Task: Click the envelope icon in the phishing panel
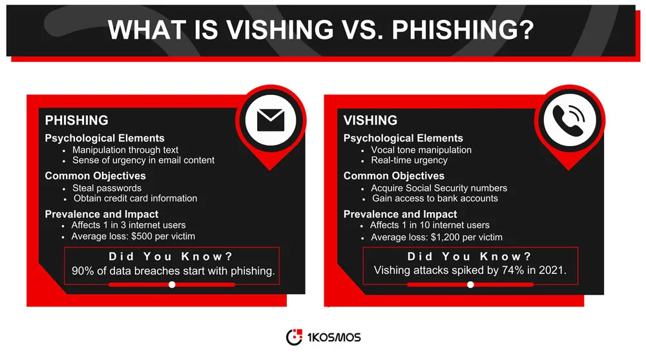tap(271, 121)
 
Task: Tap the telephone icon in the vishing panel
tap(569, 121)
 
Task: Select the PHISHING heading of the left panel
tap(76, 120)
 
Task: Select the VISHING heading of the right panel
tap(370, 120)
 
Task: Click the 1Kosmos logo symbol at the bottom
tap(294, 337)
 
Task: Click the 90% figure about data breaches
tap(83, 271)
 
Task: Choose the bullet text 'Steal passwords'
tap(107, 187)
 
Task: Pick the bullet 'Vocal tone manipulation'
tap(421, 149)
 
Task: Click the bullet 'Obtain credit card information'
tap(135, 198)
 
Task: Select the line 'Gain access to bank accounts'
tap(435, 198)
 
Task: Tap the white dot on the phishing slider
tap(172, 284)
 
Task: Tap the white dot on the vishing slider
tap(470, 284)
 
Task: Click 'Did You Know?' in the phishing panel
tap(171, 256)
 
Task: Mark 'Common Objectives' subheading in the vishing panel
tap(393, 176)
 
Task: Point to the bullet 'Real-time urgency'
tap(409, 160)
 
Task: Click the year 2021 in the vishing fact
tap(553, 271)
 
